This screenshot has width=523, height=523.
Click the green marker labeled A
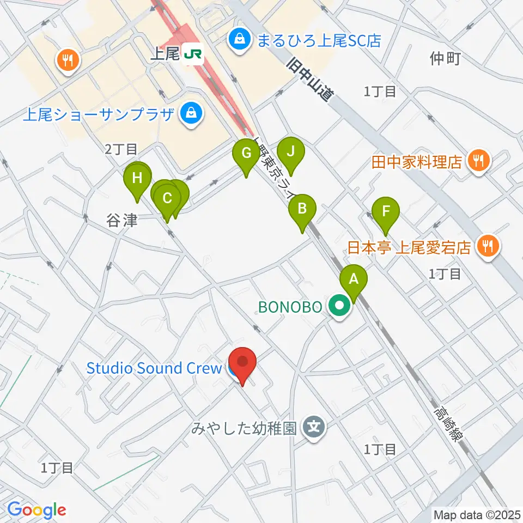354,279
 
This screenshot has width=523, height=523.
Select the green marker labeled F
386,211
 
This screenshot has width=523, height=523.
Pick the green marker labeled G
246,154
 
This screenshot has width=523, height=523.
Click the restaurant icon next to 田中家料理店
479,161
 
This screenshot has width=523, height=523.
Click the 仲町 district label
445,58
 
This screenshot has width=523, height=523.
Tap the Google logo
37,510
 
